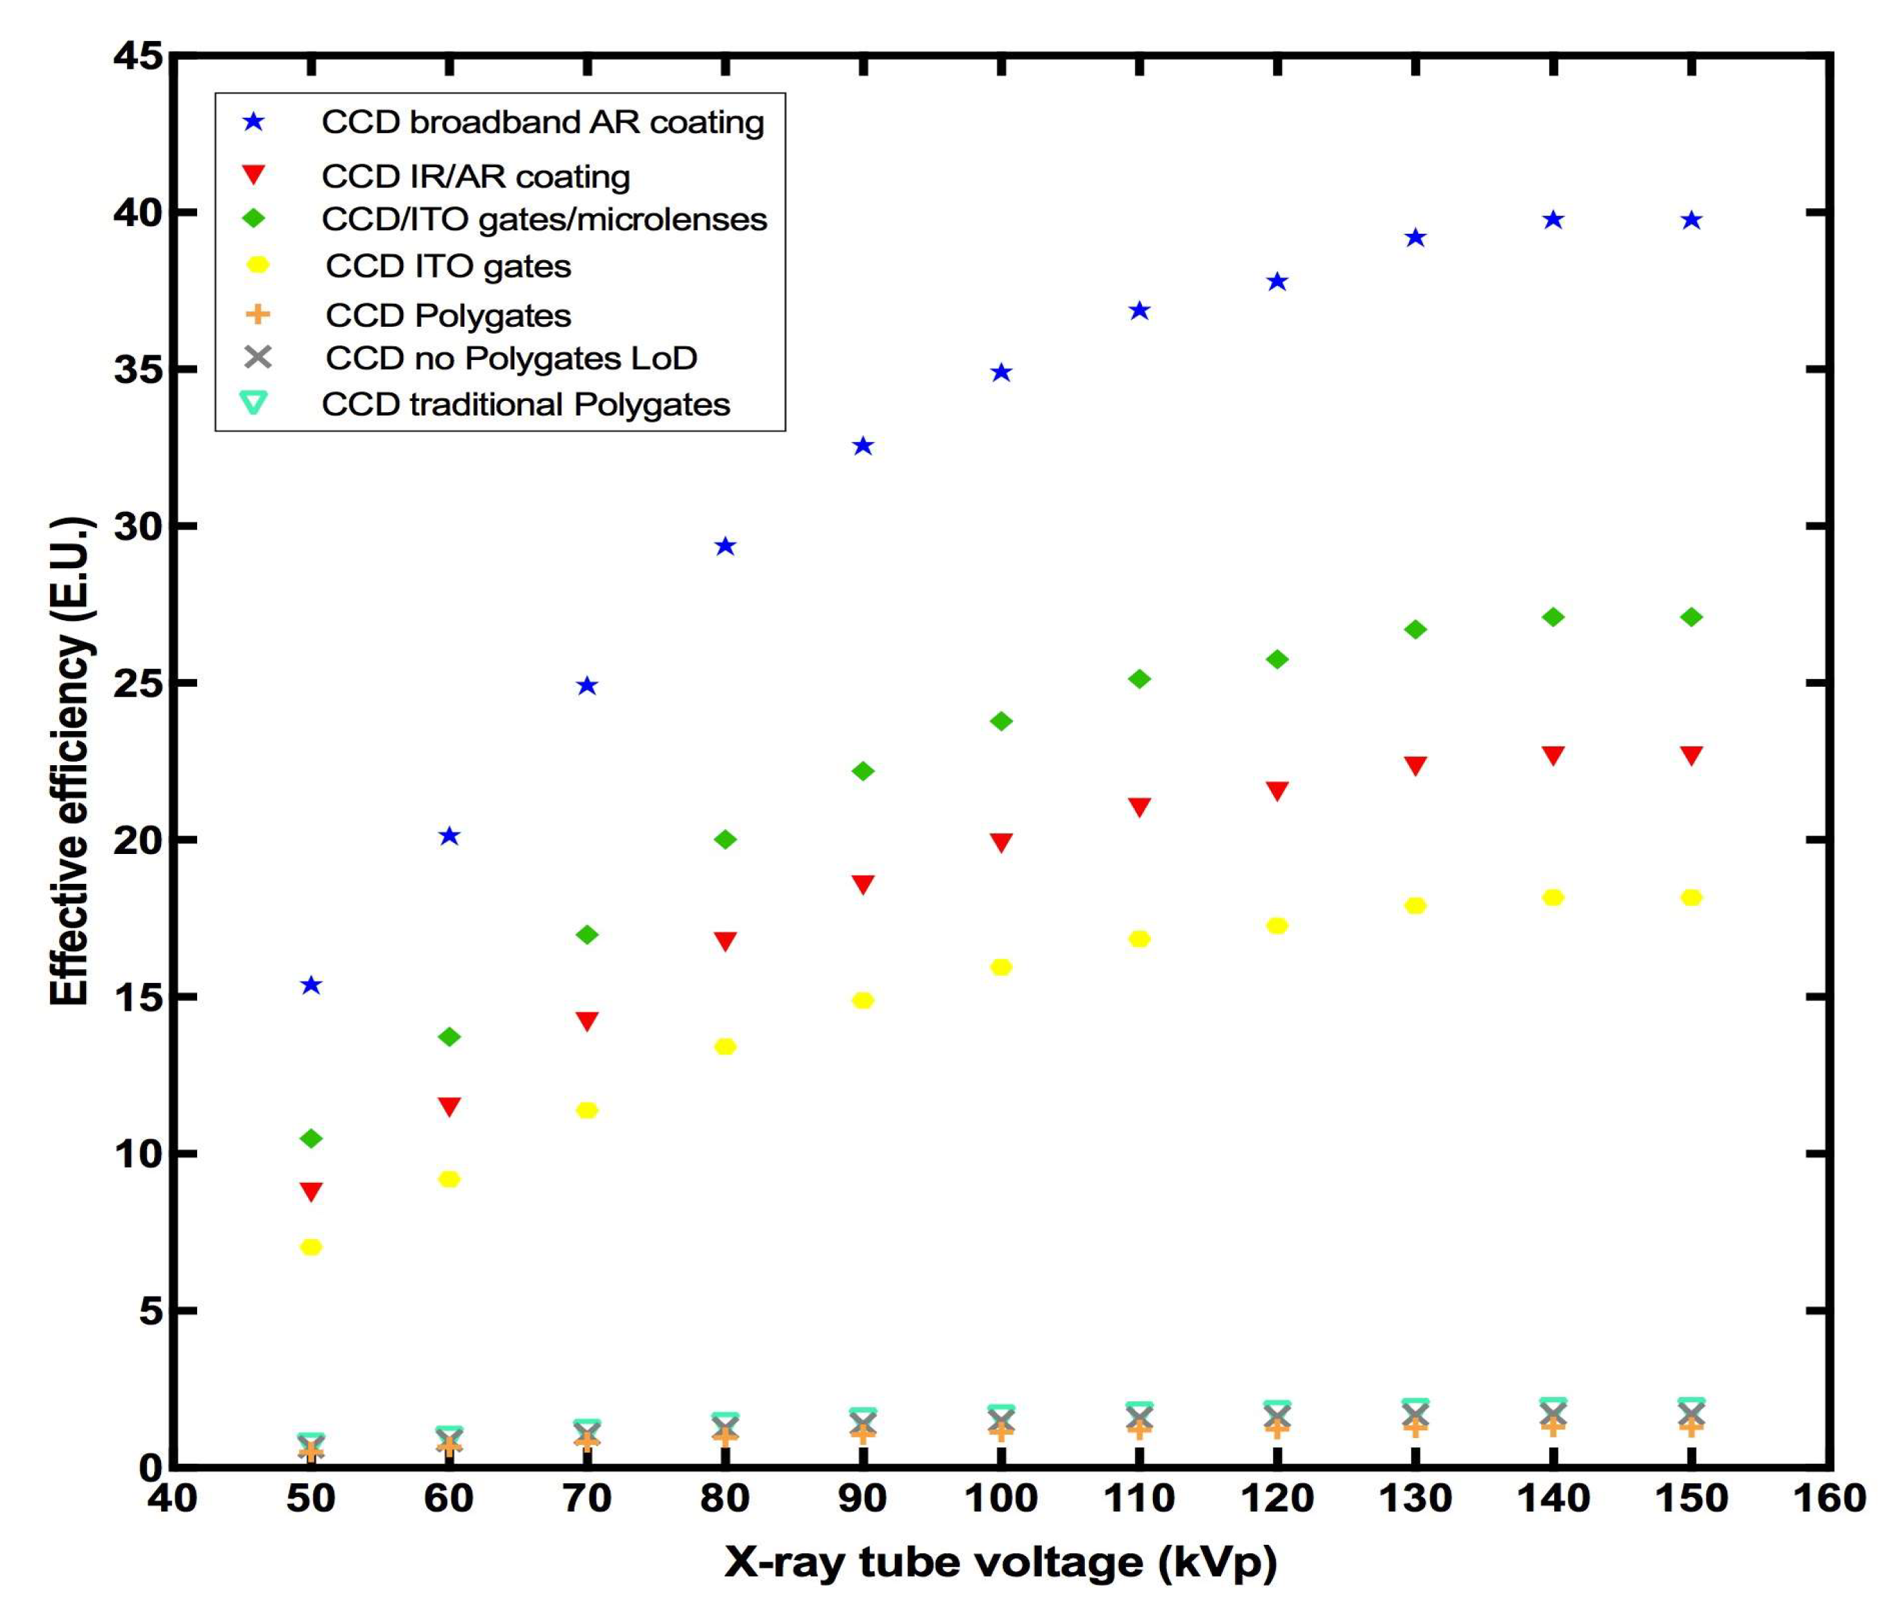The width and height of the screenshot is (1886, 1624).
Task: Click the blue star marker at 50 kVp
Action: click(311, 985)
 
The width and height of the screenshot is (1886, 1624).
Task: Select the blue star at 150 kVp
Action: click(1691, 220)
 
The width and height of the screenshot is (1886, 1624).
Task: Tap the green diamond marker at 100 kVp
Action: click(1001, 721)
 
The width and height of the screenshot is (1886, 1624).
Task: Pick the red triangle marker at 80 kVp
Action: click(725, 941)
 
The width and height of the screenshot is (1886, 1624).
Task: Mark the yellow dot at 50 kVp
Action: click(311, 1247)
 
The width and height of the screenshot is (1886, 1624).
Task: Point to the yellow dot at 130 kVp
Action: click(1415, 905)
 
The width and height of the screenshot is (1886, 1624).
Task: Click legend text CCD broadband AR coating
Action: click(543, 122)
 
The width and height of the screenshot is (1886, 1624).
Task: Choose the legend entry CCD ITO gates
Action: click(448, 266)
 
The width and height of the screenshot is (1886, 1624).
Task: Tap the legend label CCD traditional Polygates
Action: click(525, 404)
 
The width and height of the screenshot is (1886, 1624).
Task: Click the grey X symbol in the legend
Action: click(258, 357)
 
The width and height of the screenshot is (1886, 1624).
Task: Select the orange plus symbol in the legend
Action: click(258, 315)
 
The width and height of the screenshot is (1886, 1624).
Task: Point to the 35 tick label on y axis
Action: click(138, 369)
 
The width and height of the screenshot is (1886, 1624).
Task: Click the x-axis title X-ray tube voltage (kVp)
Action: click(1000, 1562)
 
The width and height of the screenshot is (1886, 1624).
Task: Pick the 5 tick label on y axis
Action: click(149, 1311)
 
